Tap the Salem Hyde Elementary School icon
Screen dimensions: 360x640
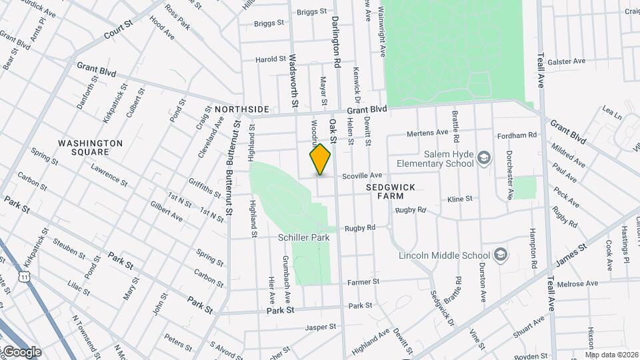[x=485, y=158]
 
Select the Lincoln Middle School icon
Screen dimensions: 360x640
[x=501, y=255]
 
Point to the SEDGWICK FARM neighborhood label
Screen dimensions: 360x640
[x=391, y=188]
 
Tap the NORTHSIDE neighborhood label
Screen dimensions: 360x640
[x=241, y=109]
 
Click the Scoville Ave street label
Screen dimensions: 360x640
[x=362, y=176]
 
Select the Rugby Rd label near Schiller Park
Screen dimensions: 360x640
[x=360, y=227]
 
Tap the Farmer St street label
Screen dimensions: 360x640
[x=364, y=282]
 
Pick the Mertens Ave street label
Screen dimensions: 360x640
[x=427, y=133]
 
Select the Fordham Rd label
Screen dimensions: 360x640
[x=517, y=135]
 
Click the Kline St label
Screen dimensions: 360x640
[x=460, y=199]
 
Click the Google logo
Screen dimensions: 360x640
[x=21, y=352]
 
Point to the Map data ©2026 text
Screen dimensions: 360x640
[x=611, y=355]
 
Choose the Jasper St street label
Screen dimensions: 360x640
[x=321, y=327]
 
